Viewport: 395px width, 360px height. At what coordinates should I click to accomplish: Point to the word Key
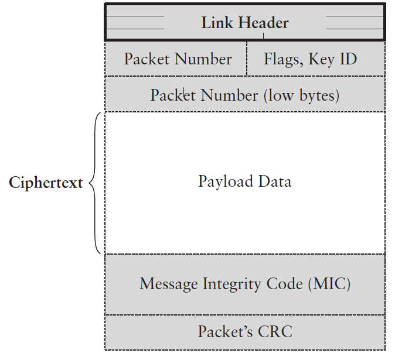[x=324, y=60]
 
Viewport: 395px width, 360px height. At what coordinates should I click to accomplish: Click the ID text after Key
[x=348, y=59]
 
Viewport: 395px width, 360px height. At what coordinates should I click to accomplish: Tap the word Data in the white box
[x=274, y=181]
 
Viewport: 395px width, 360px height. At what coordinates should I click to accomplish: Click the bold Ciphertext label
[x=46, y=183]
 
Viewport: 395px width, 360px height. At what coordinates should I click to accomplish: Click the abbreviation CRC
[x=273, y=332]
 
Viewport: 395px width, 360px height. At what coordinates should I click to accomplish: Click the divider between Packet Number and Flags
[x=247, y=59]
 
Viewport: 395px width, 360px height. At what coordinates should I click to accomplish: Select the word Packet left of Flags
[x=147, y=59]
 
